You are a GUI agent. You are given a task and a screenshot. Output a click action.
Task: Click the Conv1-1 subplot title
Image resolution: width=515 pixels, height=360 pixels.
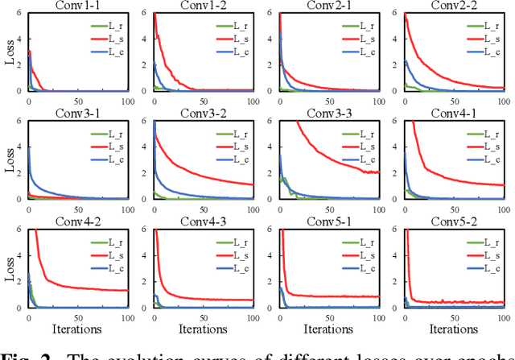[x=77, y=6]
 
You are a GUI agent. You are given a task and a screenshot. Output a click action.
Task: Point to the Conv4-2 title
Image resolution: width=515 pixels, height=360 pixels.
[x=77, y=221]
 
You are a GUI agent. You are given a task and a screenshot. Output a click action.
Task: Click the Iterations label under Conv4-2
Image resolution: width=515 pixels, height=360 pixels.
[x=77, y=329]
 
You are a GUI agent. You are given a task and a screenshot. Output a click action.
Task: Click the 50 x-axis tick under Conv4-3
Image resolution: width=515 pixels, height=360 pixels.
[x=204, y=316]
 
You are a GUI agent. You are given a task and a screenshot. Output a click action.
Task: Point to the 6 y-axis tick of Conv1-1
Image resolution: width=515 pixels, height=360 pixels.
[x=21, y=14]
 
